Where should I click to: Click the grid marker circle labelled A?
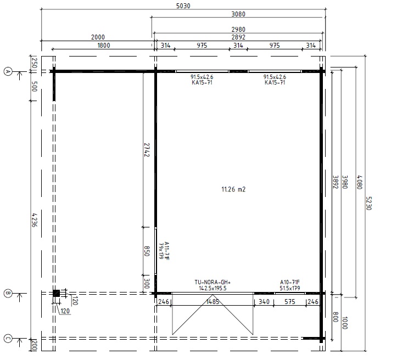[8, 71]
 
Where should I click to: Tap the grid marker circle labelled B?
[8, 294]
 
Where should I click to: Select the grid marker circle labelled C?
[8, 339]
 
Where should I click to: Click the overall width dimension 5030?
[183, 5]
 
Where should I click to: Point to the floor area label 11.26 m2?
[233, 189]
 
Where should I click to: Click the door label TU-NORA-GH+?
[213, 282]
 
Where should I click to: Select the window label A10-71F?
[289, 282]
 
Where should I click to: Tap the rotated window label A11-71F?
[167, 251]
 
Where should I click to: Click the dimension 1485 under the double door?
[213, 302]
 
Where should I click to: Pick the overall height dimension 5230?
[368, 203]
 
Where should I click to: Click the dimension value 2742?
[147, 150]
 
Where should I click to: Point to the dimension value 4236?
[35, 220]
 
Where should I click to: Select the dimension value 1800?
[104, 46]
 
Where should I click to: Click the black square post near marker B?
[56, 294]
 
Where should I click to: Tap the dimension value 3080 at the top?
[238, 14]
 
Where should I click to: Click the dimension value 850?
[147, 251]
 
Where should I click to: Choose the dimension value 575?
[289, 302]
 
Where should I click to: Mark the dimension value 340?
[264, 302]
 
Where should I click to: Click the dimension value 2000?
[98, 37]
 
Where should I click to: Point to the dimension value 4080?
[359, 182]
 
